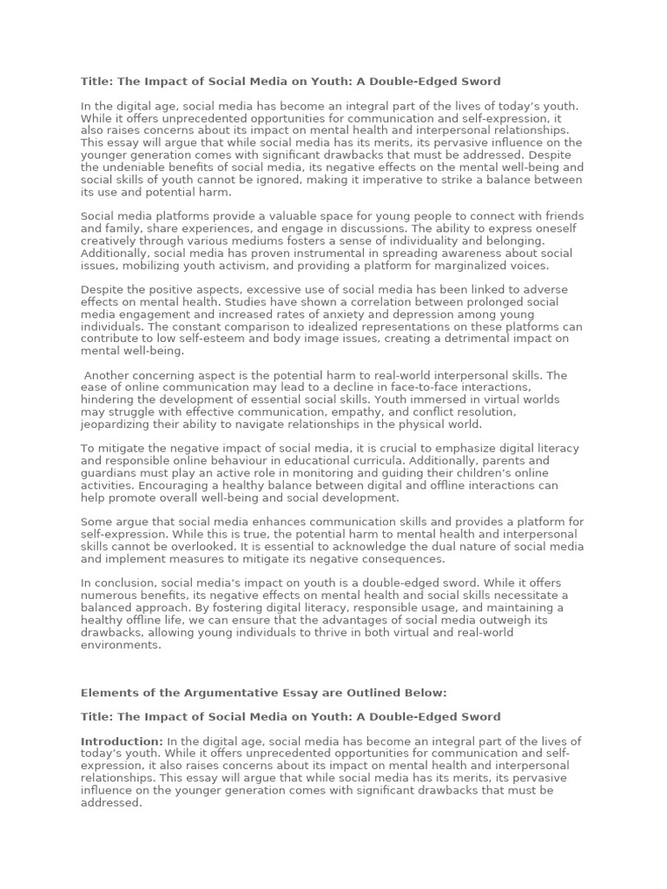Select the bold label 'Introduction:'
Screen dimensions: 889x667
pyautogui.click(x=122, y=741)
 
